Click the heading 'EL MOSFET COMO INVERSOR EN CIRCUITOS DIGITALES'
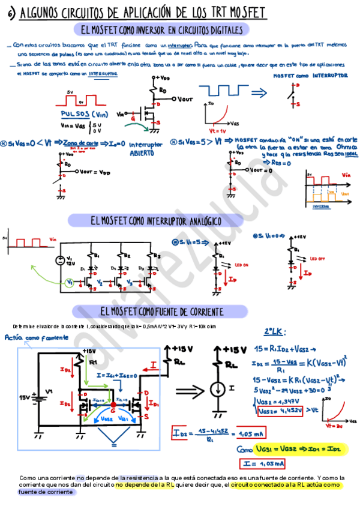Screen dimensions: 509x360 coord(162,30)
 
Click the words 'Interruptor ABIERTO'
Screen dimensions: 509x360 coord(145,148)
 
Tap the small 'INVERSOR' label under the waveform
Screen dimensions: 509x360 coord(322,205)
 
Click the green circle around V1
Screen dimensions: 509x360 coord(70,282)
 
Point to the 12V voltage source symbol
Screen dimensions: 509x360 coord(61,261)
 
